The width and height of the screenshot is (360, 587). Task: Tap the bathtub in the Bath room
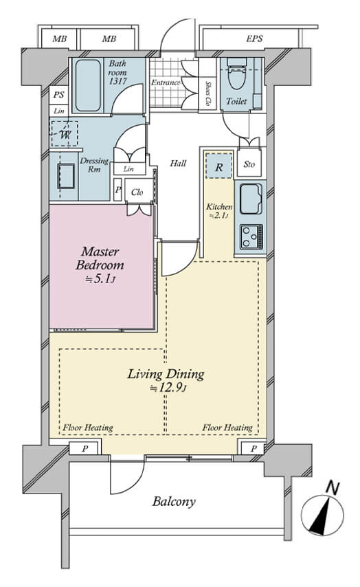[88, 85]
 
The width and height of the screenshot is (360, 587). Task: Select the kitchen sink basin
[250, 199]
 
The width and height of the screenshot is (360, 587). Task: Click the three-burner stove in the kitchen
[251, 237]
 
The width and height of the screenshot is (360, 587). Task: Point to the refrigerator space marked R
[218, 166]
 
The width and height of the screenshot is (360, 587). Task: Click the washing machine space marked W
[64, 133]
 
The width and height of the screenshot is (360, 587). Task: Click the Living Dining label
[166, 374]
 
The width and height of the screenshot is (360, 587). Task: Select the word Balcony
[174, 501]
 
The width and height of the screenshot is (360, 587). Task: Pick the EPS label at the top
[254, 38]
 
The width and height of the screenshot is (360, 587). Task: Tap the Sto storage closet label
[249, 164]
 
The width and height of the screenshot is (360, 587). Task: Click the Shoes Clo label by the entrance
[208, 93]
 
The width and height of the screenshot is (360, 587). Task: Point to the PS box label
[58, 95]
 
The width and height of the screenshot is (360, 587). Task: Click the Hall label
[178, 163]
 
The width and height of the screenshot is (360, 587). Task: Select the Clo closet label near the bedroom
[137, 192]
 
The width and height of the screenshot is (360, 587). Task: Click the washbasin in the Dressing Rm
[66, 177]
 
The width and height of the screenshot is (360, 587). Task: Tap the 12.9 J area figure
[168, 388]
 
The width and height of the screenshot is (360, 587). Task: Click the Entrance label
[166, 82]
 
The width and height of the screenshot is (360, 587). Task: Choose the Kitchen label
[220, 206]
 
